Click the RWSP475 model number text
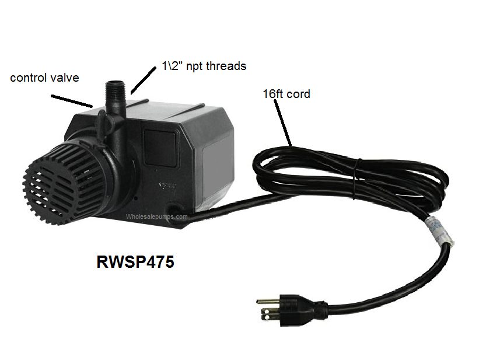tap(135, 262)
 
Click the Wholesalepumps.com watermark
tap(157, 216)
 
